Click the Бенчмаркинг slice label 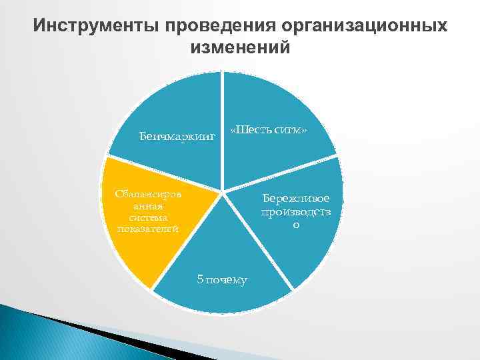(x=177, y=137)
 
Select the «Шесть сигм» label (x=268, y=129)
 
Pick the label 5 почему (x=222, y=279)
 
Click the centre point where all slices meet (x=222, y=192)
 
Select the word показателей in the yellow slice (x=147, y=229)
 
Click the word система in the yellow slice (x=148, y=217)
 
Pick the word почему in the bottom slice (x=227, y=279)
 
